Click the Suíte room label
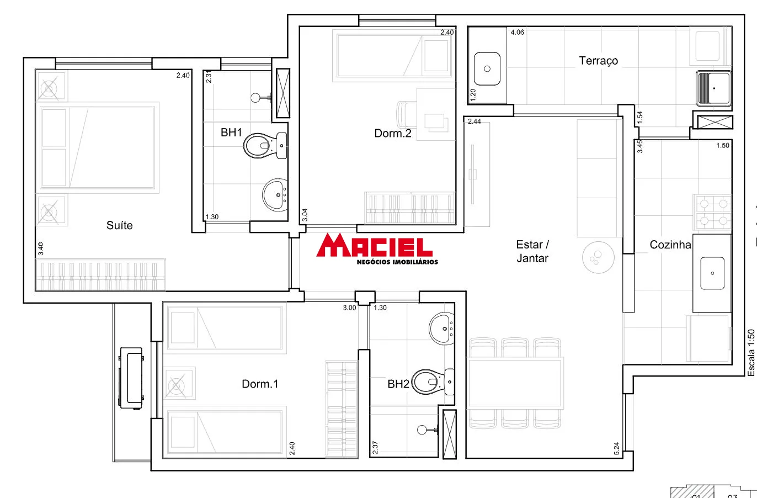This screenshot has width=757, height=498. click(x=119, y=225)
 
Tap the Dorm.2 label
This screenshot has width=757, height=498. click(x=392, y=133)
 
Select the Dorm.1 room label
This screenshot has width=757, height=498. click(x=260, y=384)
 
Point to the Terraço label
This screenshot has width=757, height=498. click(x=598, y=61)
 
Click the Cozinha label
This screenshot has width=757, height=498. click(x=670, y=245)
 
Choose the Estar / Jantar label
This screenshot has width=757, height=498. click(x=532, y=251)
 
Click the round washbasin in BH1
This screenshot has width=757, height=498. click(x=275, y=194)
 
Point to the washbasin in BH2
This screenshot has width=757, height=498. click(x=442, y=328)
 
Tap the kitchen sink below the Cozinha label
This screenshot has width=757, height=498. click(x=712, y=273)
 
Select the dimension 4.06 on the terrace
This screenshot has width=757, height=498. click(x=517, y=33)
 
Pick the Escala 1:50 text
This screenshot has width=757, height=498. click(x=751, y=353)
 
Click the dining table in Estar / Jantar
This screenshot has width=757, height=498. click(x=514, y=383)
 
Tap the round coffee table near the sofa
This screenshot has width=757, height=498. click(x=598, y=257)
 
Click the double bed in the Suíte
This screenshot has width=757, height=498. click(x=98, y=147)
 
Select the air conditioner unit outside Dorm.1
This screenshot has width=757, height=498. click(x=131, y=378)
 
